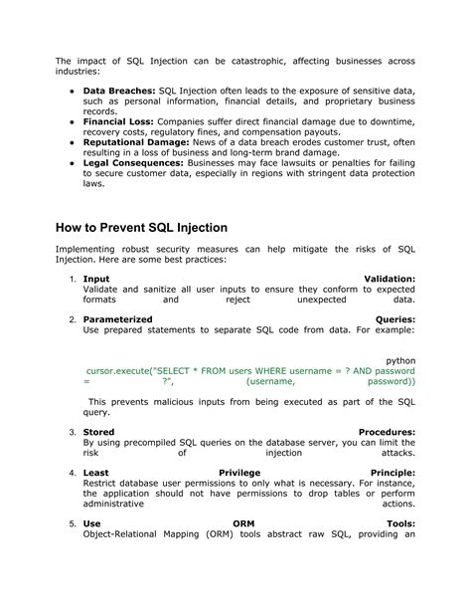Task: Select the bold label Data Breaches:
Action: [116, 90]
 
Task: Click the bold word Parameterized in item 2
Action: [117, 319]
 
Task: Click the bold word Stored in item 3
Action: [98, 432]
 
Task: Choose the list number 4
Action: [74, 473]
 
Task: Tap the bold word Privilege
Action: [238, 473]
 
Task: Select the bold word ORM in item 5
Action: [243, 523]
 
